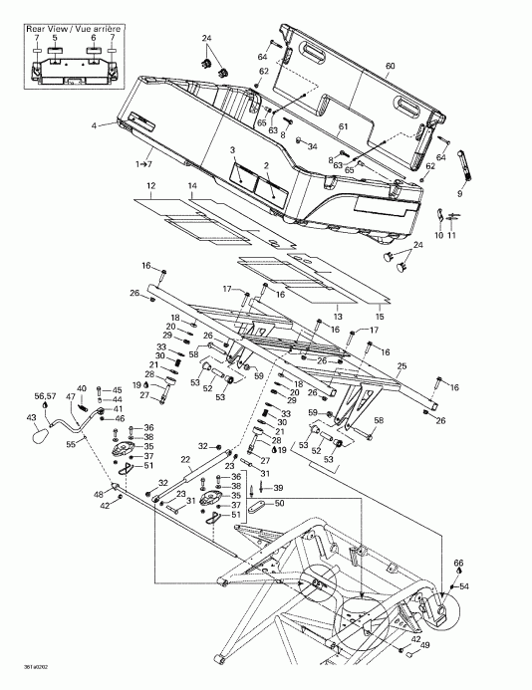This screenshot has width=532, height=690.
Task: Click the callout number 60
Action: click(x=390, y=67)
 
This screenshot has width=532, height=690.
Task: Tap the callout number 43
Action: click(x=30, y=417)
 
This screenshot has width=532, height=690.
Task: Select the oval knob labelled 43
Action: click(x=45, y=435)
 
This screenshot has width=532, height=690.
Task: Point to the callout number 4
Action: click(x=94, y=125)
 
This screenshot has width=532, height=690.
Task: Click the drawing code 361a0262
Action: click(x=18, y=667)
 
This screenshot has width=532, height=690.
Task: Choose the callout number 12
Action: click(x=150, y=186)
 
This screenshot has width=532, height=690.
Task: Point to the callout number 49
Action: click(x=426, y=646)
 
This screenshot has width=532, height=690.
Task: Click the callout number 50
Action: click(x=279, y=505)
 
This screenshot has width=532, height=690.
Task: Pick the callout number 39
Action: click(x=278, y=488)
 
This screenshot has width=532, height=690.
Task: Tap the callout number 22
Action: click(x=185, y=459)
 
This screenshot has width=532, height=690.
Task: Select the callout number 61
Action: click(x=342, y=127)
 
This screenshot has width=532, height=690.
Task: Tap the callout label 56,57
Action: click(x=46, y=395)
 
